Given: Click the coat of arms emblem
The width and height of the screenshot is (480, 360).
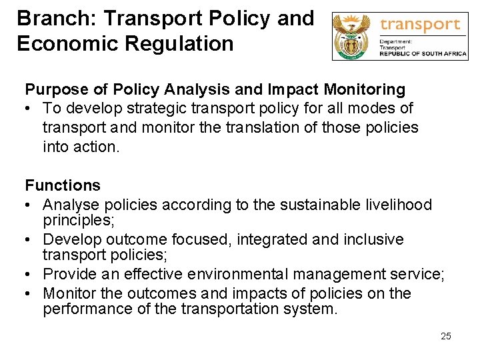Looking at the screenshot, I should [352, 37].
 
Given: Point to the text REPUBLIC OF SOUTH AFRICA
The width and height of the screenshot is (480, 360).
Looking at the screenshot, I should [423, 55].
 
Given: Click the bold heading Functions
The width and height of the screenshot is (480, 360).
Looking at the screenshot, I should [63, 185].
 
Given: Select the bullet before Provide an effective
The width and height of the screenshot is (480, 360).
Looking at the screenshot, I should [29, 275].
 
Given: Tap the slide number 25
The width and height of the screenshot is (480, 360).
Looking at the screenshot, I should [446, 336].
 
